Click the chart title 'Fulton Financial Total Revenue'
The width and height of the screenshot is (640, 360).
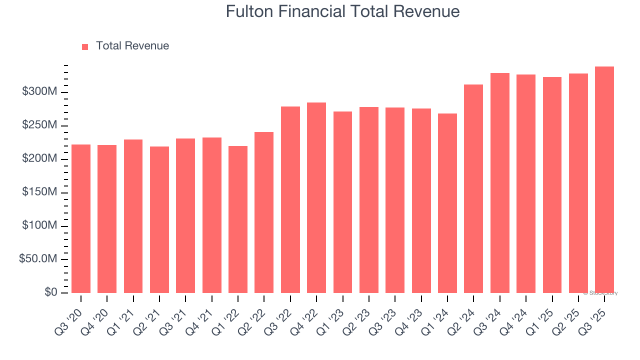342,11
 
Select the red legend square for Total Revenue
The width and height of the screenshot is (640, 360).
85,46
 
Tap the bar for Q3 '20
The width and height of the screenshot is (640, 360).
81,218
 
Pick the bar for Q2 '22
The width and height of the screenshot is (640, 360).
264,212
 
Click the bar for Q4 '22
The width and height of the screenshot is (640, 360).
316,197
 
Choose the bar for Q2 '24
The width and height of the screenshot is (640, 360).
473,188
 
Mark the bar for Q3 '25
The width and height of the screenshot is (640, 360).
604,179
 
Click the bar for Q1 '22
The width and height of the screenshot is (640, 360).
238,219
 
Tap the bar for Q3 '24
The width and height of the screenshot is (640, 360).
500,183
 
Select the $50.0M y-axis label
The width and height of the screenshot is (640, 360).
38,259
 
